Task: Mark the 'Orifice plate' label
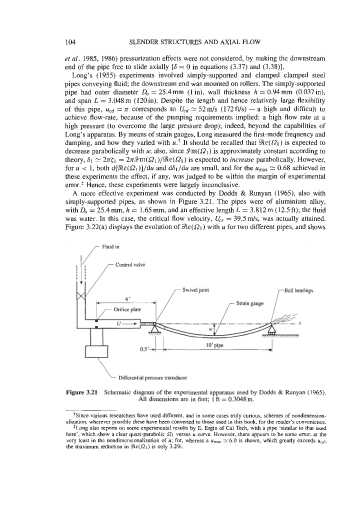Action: (x=125, y=310)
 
